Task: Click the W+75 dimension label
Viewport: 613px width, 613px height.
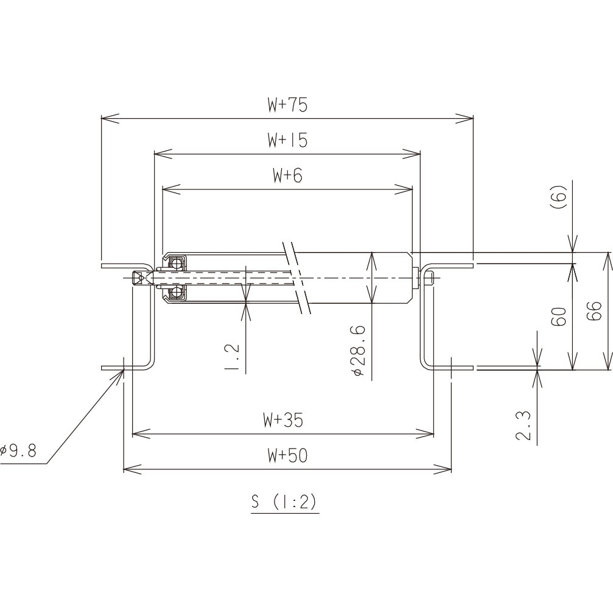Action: click(287, 105)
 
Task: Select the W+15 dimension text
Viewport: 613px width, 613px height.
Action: click(287, 141)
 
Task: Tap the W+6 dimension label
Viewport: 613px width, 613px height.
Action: click(287, 176)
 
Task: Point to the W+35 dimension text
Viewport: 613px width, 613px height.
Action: click(283, 420)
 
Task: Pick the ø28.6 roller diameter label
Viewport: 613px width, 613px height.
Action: click(358, 351)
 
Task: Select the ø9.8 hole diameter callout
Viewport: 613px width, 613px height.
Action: click(19, 451)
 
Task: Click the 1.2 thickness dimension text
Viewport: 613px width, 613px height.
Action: click(232, 356)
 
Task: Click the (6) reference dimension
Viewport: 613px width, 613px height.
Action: click(560, 198)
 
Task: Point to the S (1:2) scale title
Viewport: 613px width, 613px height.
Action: click(284, 502)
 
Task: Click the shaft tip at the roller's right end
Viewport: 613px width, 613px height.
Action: click(429, 278)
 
